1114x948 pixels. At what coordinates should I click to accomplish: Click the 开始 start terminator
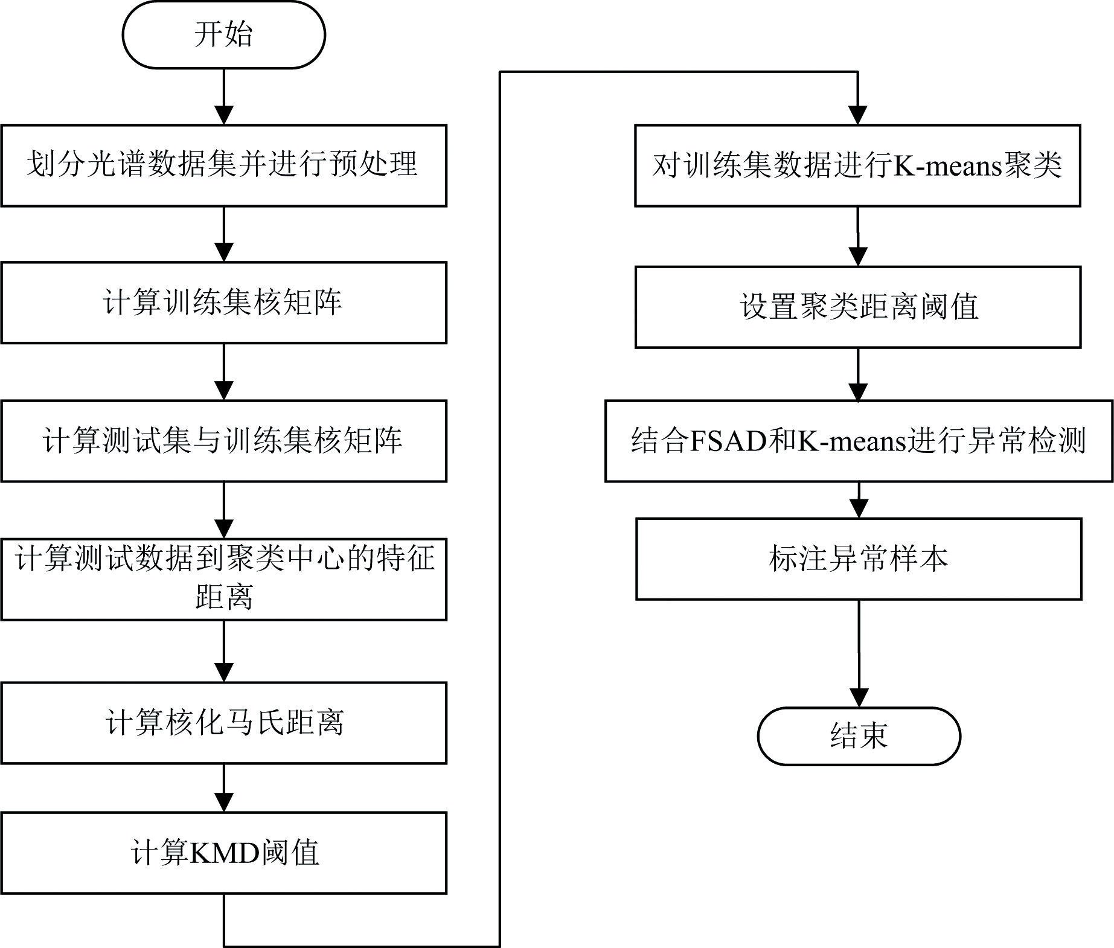point(223,34)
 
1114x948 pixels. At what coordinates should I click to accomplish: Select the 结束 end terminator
point(859,736)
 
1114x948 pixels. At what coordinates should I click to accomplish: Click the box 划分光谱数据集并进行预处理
point(223,165)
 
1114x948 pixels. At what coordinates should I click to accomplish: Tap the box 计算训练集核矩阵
point(223,303)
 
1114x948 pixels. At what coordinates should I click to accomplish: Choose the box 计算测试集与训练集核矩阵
point(223,441)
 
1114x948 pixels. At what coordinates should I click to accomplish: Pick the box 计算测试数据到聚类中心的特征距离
point(223,578)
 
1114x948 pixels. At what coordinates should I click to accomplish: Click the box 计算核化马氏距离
point(223,723)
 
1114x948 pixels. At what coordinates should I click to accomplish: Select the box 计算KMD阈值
point(223,853)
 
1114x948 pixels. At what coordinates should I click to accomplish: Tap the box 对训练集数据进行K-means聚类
point(857,165)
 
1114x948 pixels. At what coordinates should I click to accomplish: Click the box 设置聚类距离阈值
point(857,307)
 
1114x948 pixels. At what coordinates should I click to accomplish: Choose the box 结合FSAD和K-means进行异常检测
point(859,441)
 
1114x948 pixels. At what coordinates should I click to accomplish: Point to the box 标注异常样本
point(859,559)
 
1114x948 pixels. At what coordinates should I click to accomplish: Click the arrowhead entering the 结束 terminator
point(859,699)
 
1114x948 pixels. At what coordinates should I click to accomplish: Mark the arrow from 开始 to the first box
point(224,97)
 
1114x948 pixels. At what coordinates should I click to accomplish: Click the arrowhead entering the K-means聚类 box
point(858,115)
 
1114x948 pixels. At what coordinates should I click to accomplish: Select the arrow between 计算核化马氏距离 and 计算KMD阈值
point(224,788)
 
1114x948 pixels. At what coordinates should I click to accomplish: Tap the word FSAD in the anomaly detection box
point(728,441)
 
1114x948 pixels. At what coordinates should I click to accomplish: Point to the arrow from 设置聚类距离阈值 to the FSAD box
point(858,374)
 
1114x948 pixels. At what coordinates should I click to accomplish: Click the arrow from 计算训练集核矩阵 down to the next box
point(224,371)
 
